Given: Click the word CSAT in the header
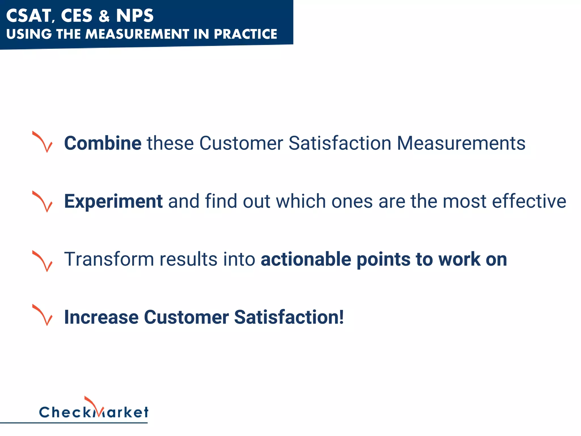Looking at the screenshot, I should pyautogui.click(x=28, y=16).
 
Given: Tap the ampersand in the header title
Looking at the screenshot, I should pyautogui.click(x=104, y=16).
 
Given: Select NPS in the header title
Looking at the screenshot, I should pyautogui.click(x=135, y=16).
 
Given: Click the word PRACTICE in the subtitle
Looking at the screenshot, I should pyautogui.click(x=245, y=34).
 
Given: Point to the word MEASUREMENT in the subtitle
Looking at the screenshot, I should pyautogui.click(x=137, y=34).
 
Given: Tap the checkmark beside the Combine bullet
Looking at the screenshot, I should pyautogui.click(x=43, y=142).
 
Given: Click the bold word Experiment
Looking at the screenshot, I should pyautogui.click(x=113, y=202).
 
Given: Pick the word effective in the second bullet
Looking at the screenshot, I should pyautogui.click(x=529, y=201).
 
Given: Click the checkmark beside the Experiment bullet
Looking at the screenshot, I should pyautogui.click(x=43, y=201).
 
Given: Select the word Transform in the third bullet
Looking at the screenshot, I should pyautogui.click(x=109, y=259).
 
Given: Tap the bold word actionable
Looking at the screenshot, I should pyautogui.click(x=306, y=259).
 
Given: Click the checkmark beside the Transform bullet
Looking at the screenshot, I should pyautogui.click(x=43, y=261).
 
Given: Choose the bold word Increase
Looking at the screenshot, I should pyautogui.click(x=101, y=317).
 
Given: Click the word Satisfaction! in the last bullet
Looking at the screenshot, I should pyautogui.click(x=289, y=317).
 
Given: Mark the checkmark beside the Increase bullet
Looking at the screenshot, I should pyautogui.click(x=43, y=315).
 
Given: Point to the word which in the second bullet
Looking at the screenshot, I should pyautogui.click(x=301, y=201).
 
